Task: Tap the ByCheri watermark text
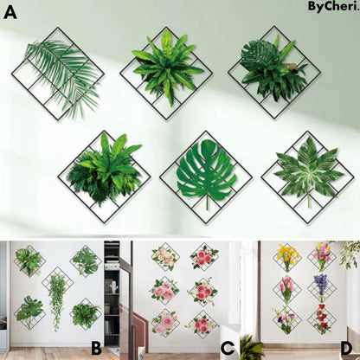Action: click(332, 7)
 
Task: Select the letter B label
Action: click(96, 348)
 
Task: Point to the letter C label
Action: click(227, 348)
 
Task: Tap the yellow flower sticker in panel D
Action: click(287, 257)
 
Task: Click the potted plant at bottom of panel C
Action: click(251, 348)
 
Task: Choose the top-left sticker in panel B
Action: click(29, 260)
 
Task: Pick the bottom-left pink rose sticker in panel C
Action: click(165, 324)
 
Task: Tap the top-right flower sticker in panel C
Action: click(205, 257)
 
